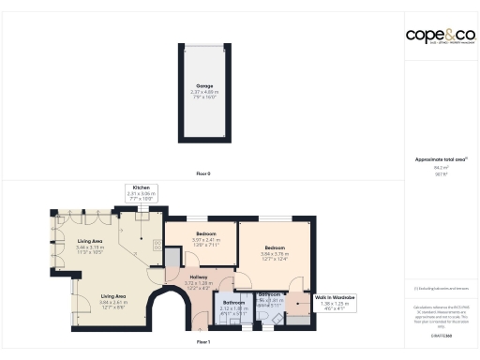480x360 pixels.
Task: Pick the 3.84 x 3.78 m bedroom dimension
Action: point(273,254)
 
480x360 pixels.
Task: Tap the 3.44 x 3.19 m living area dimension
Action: point(90,247)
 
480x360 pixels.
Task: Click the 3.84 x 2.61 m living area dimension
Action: point(114,303)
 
